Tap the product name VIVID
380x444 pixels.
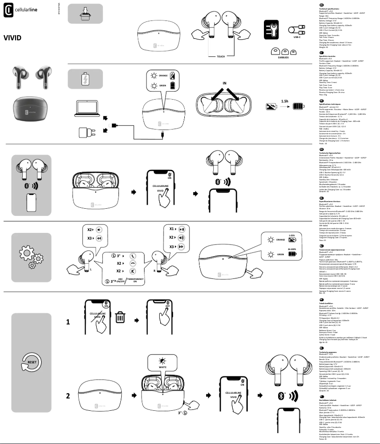[x=12, y=37]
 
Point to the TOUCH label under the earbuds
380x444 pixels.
[x=221, y=56]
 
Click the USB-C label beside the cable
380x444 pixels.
[x=297, y=37]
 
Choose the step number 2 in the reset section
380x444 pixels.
[x=68, y=395]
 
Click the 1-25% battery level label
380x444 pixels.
[x=292, y=235]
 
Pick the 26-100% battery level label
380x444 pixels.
[x=292, y=249]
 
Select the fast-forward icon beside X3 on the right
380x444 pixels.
[x=181, y=247]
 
